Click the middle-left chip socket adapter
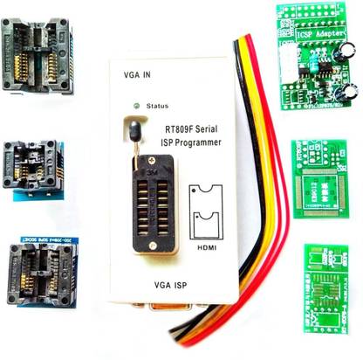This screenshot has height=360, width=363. coord(36,165)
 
